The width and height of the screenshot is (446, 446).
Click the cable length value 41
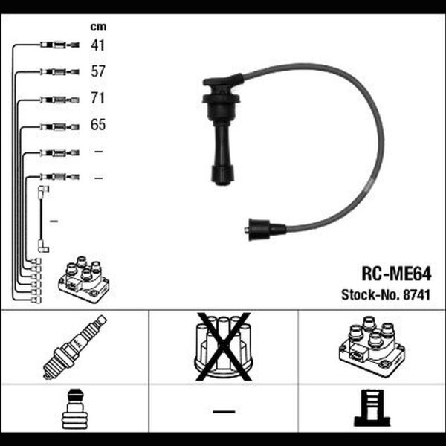point(98,45)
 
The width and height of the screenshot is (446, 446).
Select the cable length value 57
point(98,71)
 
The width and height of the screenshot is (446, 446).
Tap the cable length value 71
point(98,98)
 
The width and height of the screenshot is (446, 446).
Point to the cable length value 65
point(98,125)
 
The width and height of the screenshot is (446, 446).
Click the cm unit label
point(98,27)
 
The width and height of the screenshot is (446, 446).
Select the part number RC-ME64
point(396,274)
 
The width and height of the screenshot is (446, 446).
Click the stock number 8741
point(417,295)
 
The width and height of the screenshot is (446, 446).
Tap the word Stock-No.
point(371,295)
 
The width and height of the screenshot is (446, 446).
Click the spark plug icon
point(75,347)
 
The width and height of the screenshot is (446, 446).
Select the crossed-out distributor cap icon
point(224,346)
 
